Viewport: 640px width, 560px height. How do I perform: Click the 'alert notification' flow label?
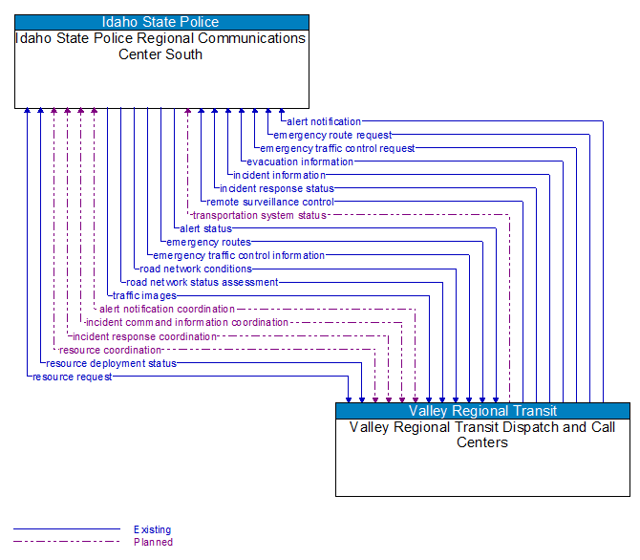[x=325, y=121]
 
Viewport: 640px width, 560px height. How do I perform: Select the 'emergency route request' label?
[x=332, y=135]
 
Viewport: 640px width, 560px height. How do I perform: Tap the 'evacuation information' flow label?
[x=300, y=162]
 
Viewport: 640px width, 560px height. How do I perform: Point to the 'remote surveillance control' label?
[x=270, y=202]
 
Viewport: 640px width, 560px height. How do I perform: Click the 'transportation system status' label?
[x=260, y=215]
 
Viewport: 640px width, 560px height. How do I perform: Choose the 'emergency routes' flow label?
[x=208, y=242]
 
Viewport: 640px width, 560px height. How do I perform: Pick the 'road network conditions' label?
[x=196, y=269]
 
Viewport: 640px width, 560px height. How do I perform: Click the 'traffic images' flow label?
[x=144, y=295]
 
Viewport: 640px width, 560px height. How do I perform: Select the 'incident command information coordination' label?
[x=187, y=322]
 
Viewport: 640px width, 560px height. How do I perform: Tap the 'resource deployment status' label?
[x=111, y=363]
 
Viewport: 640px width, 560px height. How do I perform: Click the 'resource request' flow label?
[x=73, y=377]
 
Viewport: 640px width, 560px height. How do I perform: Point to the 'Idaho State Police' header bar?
[x=161, y=22]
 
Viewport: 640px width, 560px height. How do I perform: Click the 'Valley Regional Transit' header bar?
[x=482, y=411]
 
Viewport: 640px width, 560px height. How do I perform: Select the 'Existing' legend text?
[x=153, y=529]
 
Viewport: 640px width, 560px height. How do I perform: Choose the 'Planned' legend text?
[x=153, y=542]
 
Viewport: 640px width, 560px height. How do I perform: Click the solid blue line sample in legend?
[x=67, y=529]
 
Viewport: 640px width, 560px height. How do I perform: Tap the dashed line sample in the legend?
[x=67, y=542]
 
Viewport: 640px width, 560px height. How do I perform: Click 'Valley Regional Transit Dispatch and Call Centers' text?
[x=482, y=435]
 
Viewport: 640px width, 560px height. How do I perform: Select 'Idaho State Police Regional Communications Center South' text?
[x=161, y=46]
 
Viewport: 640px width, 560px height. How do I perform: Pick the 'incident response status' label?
[x=277, y=188]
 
